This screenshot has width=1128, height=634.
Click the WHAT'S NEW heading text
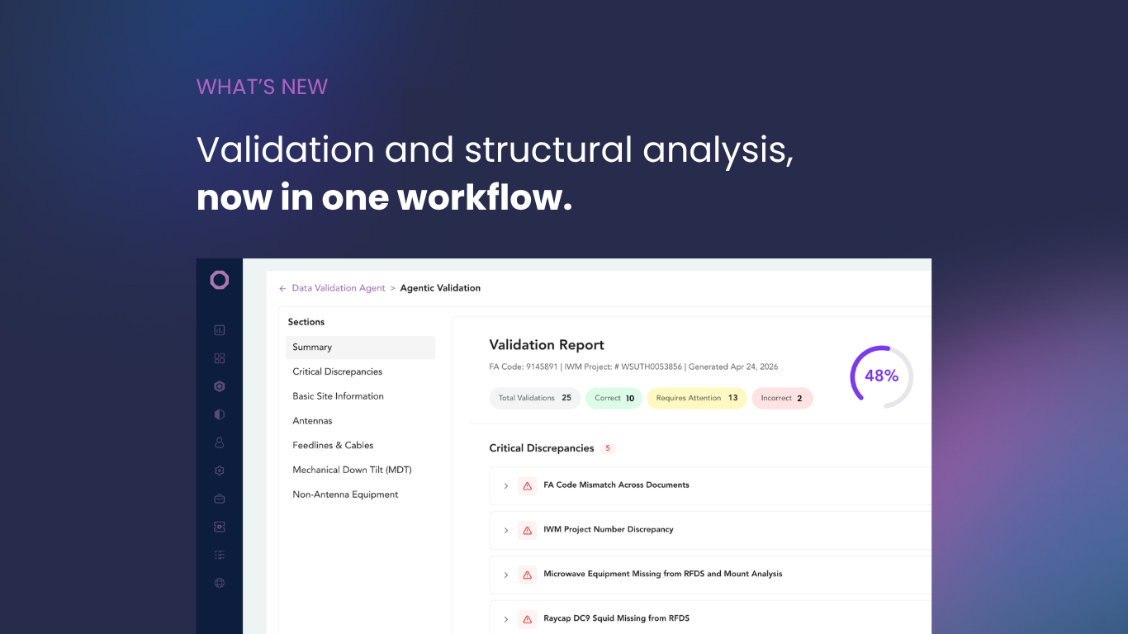click(x=262, y=88)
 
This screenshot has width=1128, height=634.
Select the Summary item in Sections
click(x=360, y=348)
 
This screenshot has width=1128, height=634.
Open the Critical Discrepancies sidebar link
click(x=338, y=371)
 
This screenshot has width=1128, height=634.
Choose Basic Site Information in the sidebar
click(x=338, y=396)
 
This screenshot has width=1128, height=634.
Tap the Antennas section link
click(x=312, y=421)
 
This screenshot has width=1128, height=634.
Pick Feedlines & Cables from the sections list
click(x=333, y=445)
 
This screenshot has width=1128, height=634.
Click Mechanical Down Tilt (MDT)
click(x=352, y=470)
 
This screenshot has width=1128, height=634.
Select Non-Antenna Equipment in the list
click(x=345, y=494)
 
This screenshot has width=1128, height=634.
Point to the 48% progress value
click(x=881, y=376)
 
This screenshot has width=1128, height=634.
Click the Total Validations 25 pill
click(x=535, y=398)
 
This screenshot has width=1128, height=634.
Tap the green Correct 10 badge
click(x=614, y=398)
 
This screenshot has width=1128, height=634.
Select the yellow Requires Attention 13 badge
click(x=697, y=398)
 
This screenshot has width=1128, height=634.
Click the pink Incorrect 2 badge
click(x=782, y=398)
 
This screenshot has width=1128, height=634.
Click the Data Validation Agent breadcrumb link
click(x=339, y=288)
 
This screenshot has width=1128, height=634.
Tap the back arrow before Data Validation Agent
click(x=282, y=289)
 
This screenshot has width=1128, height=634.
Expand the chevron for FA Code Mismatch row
click(x=506, y=486)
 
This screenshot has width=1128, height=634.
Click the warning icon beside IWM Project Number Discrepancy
click(x=527, y=530)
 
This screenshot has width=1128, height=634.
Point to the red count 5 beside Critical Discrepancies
click(x=608, y=448)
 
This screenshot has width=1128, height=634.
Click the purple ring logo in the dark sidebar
click(x=220, y=280)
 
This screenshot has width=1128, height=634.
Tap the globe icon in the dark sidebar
click(x=220, y=583)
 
